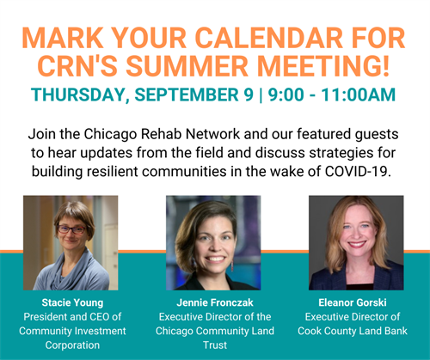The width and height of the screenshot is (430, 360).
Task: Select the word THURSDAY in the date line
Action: (78, 95)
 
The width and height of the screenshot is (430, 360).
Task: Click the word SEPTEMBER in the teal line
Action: (187, 95)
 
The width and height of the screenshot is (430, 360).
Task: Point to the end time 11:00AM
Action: (359, 95)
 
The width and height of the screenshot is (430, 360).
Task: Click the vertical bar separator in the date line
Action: (261, 95)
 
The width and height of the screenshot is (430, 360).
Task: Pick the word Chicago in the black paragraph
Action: (110, 135)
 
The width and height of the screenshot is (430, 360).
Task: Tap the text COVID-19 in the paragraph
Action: (358, 171)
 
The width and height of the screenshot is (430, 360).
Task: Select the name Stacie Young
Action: (72, 303)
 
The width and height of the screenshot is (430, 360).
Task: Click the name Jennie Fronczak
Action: (215, 302)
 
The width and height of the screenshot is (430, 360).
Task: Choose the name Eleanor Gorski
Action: (353, 302)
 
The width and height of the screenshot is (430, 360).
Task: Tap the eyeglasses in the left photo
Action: (72, 229)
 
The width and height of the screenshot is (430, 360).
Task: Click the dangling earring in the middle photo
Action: (232, 265)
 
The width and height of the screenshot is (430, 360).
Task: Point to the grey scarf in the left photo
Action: (71, 271)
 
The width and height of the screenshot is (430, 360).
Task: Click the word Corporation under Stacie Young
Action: (72, 345)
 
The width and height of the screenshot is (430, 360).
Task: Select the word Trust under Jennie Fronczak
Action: (215, 345)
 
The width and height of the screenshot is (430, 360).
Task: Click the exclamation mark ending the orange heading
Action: (385, 66)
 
